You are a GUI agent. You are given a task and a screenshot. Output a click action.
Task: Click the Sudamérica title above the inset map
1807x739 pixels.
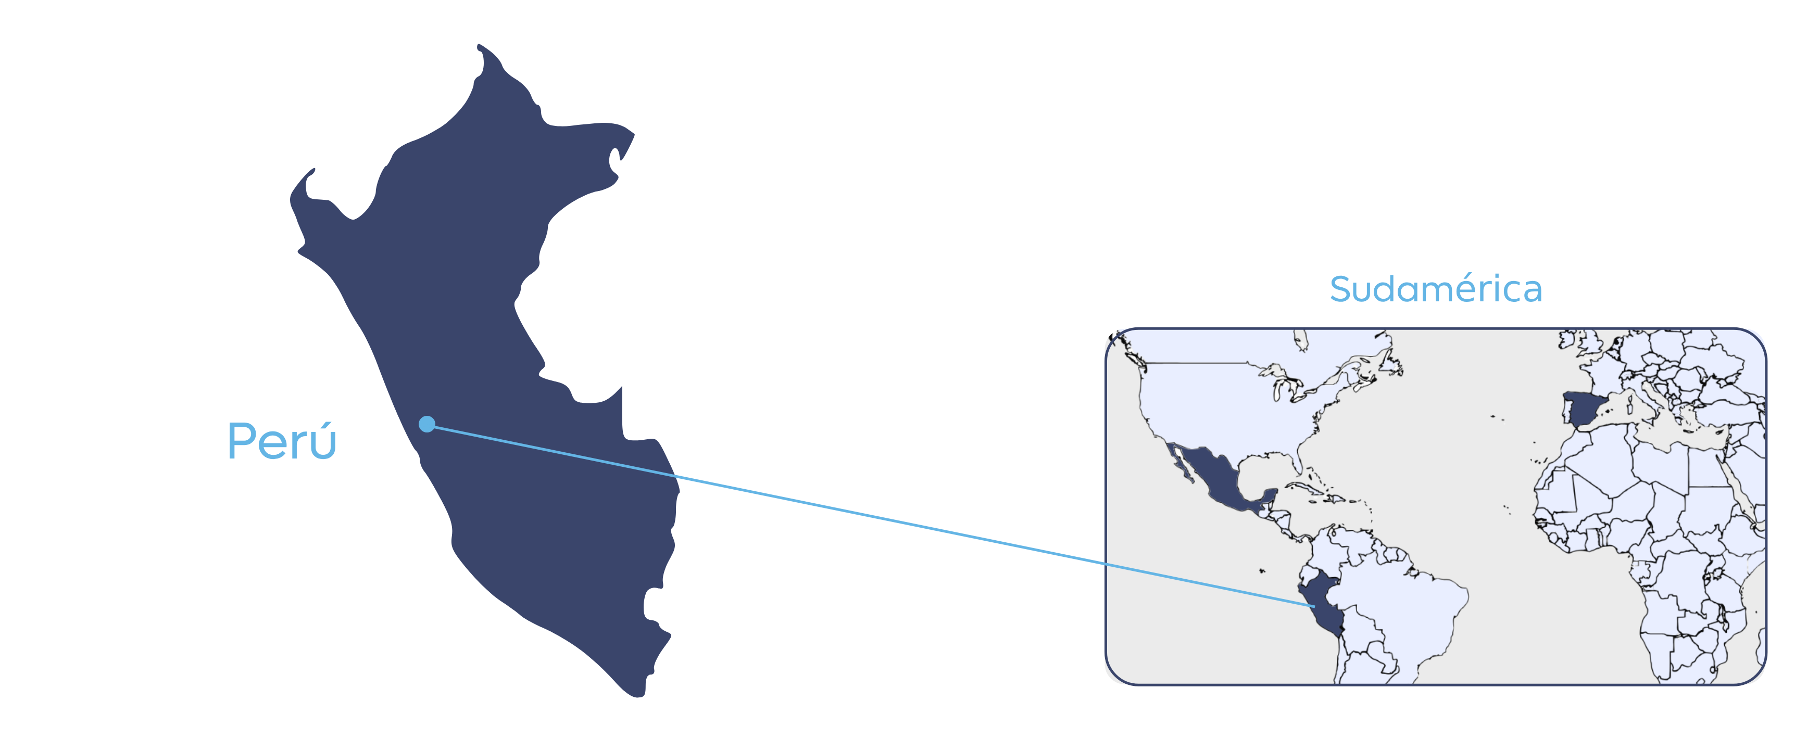tap(1435, 289)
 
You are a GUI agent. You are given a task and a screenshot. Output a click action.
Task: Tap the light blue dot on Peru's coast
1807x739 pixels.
tap(426, 424)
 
